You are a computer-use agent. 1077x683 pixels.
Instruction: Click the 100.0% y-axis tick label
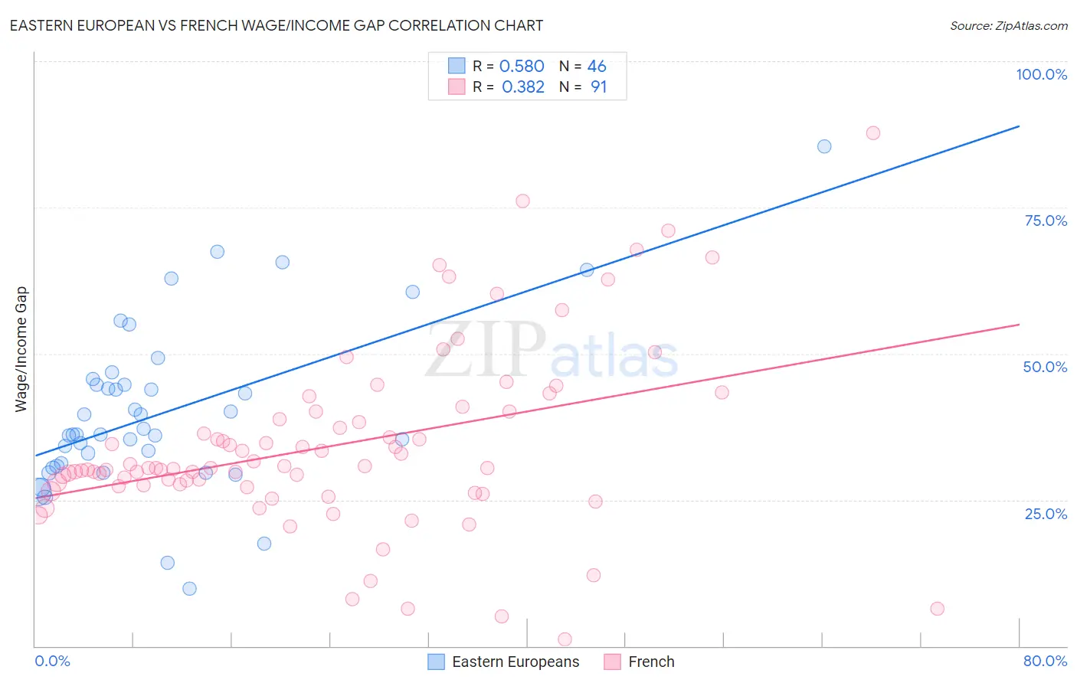tap(1041, 74)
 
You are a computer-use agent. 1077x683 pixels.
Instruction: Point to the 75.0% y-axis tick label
tap(1046, 221)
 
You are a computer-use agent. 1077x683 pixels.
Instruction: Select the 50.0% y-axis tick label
tap(1045, 367)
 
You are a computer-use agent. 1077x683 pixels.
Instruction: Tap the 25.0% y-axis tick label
tap(1046, 513)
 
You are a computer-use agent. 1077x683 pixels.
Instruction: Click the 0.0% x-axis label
tap(52, 661)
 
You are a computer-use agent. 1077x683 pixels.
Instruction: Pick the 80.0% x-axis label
tap(1045, 661)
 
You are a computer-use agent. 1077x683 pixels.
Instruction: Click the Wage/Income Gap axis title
tap(21, 349)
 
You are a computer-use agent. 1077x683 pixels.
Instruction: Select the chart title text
tap(277, 25)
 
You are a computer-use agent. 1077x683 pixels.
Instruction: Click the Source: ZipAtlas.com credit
tap(1008, 26)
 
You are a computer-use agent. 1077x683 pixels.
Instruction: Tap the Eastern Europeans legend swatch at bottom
tap(436, 662)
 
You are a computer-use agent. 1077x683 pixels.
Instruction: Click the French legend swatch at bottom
tap(612, 662)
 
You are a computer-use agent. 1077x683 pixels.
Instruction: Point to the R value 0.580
tap(522, 67)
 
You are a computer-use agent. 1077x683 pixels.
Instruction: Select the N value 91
tap(598, 87)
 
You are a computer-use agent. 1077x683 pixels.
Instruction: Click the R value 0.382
tap(523, 87)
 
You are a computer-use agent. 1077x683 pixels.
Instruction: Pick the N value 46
tap(597, 67)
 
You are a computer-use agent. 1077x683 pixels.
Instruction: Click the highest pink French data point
tap(872, 133)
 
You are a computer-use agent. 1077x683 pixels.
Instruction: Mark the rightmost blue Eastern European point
tap(824, 146)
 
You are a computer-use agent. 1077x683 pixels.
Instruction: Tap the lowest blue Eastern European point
tap(189, 589)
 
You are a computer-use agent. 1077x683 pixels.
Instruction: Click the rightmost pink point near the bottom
tap(937, 609)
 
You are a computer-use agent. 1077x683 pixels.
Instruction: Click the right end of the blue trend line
tap(1019, 126)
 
